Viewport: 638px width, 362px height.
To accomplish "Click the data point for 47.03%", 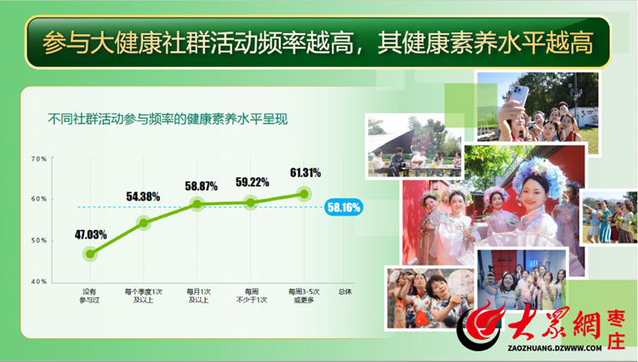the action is click(x=90, y=254).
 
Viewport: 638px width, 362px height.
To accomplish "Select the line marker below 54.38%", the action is click(x=144, y=223).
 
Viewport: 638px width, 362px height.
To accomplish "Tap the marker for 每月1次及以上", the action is click(x=197, y=204).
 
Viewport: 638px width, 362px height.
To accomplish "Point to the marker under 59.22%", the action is click(x=251, y=203).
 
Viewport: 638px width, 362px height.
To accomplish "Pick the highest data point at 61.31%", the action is click(x=304, y=194).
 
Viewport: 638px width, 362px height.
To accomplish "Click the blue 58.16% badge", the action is click(x=344, y=208).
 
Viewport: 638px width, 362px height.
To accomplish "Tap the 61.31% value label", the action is click(x=305, y=173).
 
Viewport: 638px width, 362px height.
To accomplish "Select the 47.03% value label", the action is click(x=91, y=234).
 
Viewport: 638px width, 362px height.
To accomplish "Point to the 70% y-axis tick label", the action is click(x=39, y=158).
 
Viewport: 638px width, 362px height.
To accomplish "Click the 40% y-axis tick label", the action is click(x=39, y=281).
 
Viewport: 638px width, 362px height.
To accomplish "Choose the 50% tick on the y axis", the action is click(x=39, y=240).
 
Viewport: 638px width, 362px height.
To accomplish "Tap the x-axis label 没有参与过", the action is click(x=89, y=296).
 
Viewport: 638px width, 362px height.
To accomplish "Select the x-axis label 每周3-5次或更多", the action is click(x=304, y=296).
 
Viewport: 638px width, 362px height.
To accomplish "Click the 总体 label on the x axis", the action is click(x=345, y=291).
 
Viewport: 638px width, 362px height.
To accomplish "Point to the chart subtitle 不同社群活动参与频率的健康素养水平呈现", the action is click(x=168, y=119).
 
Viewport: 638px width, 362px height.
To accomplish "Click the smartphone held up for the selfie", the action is click(x=519, y=96).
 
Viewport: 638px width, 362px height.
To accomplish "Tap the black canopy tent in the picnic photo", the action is click(x=393, y=142).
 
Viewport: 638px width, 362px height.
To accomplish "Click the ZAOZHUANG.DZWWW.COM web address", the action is click(x=555, y=348).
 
